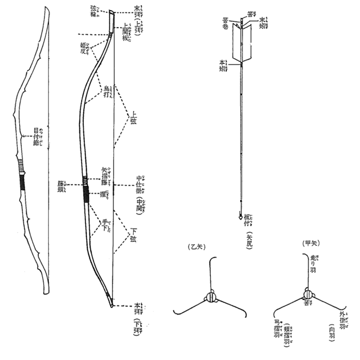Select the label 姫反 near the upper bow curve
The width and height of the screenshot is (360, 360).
(x=84, y=48)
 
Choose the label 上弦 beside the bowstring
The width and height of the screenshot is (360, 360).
(x=133, y=119)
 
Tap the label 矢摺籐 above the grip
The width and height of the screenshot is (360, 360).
(x=106, y=177)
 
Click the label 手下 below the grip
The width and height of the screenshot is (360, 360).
(x=105, y=226)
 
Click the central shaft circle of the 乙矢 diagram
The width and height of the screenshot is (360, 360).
(x=212, y=298)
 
